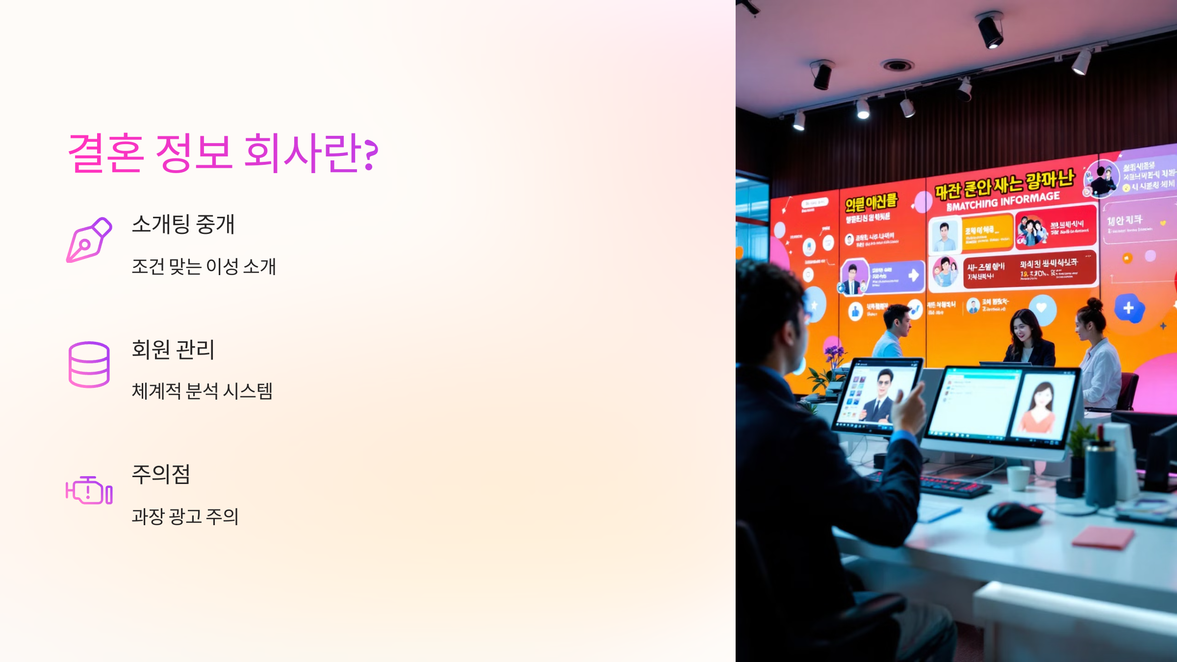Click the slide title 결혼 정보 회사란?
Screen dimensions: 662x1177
pos(223,153)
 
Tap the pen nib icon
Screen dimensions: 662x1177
pos(89,240)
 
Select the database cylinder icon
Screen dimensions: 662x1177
pos(89,364)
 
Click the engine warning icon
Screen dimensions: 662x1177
pos(89,490)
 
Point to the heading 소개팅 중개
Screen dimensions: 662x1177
pos(183,224)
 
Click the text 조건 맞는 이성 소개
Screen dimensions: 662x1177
pos(204,266)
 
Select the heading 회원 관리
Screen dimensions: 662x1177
pos(173,349)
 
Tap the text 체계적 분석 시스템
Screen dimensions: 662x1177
pos(202,391)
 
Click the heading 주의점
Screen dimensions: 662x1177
pos(161,474)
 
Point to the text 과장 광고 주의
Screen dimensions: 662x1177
pos(185,516)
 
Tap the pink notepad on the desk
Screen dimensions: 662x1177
pos(1103,536)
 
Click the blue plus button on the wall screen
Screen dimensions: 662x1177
pos(1129,308)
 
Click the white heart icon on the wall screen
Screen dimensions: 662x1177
pos(1042,307)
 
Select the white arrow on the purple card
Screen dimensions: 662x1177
pos(913,275)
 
